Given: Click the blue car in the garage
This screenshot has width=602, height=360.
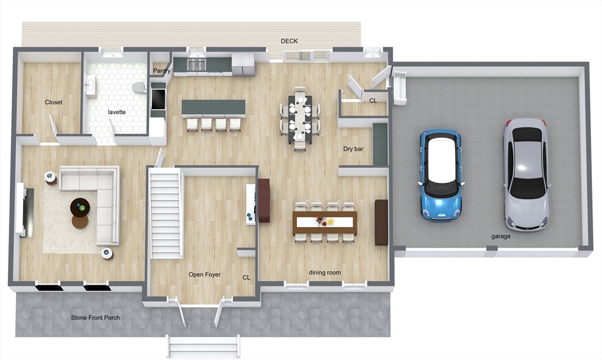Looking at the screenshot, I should pyautogui.click(x=440, y=174).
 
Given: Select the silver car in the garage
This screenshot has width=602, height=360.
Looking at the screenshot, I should pyautogui.click(x=526, y=174).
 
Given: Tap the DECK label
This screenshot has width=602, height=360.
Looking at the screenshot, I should pyautogui.click(x=289, y=41).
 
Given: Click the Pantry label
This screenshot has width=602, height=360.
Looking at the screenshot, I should pyautogui.click(x=162, y=71).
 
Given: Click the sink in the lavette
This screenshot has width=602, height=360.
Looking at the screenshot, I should pyautogui.click(x=91, y=86).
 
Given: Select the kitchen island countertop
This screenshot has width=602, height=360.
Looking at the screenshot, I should pyautogui.click(x=213, y=108).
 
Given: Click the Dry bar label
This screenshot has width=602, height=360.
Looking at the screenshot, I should pyautogui.click(x=353, y=149).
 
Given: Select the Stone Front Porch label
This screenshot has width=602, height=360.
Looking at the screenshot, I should pyautogui.click(x=95, y=318).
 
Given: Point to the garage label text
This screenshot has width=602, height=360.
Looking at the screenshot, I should pyautogui.click(x=501, y=236).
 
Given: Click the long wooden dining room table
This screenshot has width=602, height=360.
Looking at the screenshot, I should pyautogui.click(x=325, y=222).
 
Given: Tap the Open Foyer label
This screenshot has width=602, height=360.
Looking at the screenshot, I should pyautogui.click(x=205, y=275).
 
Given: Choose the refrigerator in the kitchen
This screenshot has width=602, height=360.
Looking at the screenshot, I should pyautogui.click(x=243, y=64).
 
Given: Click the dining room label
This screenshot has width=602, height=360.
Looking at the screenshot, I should pyautogui.click(x=325, y=272).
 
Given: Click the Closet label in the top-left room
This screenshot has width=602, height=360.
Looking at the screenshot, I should pyautogui.click(x=53, y=102).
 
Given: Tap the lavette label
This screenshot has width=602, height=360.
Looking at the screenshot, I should pyautogui.click(x=116, y=112).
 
